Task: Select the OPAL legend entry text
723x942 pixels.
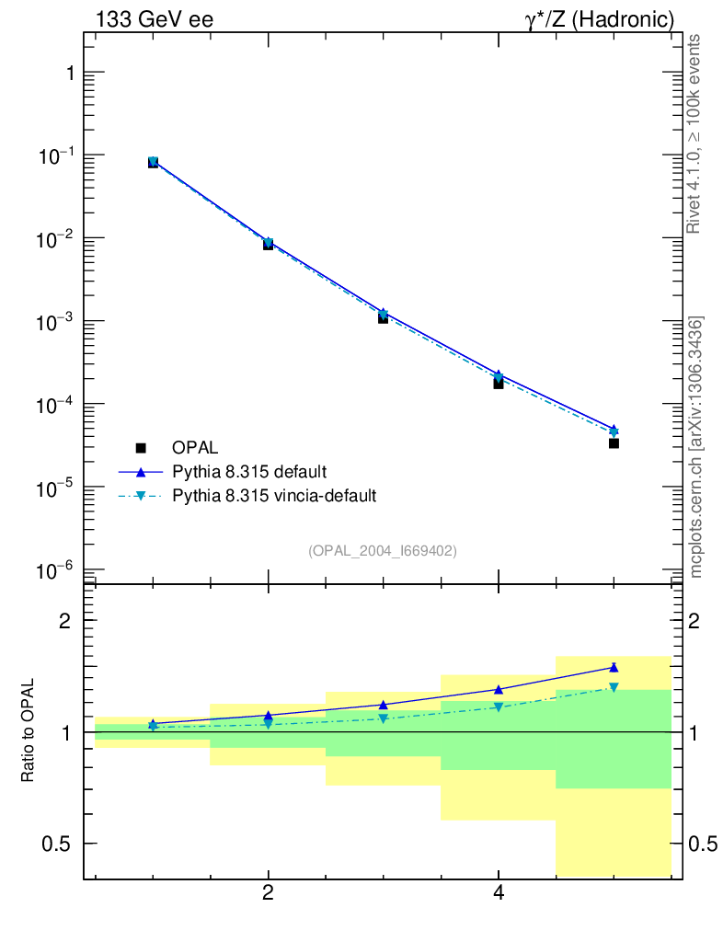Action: [x=195, y=448]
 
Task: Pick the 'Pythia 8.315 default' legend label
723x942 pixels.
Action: [x=249, y=472]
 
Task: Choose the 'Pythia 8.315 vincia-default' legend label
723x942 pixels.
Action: [x=274, y=496]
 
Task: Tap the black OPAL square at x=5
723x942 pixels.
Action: [x=614, y=443]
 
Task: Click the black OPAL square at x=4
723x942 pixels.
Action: [x=499, y=383]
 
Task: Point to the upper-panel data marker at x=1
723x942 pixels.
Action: [x=154, y=162]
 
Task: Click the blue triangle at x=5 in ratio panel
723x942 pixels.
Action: [x=614, y=668]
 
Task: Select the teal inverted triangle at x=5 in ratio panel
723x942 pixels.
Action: [x=614, y=687]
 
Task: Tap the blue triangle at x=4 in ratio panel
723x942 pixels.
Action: [x=499, y=689]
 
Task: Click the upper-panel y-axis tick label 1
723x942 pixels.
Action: [x=66, y=74]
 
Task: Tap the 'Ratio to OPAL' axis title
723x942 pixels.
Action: [x=29, y=732]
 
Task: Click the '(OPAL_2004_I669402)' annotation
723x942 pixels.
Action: [x=383, y=550]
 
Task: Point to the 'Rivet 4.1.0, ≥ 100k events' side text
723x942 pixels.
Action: [x=695, y=134]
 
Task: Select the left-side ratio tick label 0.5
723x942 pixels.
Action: [x=59, y=844]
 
